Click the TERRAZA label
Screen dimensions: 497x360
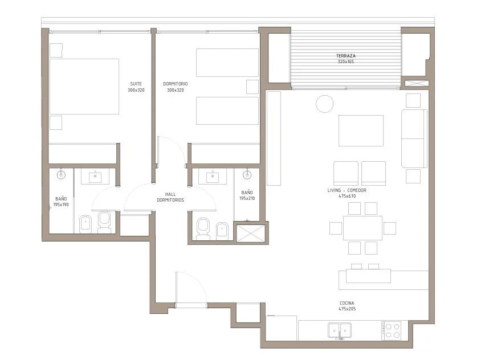345,56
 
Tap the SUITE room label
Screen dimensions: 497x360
136,84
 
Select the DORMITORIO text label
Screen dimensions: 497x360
176,84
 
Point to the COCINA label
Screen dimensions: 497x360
347,303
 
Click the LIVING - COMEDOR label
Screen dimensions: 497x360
347,190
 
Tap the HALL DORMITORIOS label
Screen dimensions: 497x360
170,197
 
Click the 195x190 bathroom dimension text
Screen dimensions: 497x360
61,204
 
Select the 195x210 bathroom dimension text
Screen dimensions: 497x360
247,198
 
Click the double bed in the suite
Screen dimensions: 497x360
84,86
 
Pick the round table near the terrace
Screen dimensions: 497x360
324,104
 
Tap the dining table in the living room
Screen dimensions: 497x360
362,228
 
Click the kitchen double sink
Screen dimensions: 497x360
340,330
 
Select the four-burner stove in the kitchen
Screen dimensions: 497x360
392,330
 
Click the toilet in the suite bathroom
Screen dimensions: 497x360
104,222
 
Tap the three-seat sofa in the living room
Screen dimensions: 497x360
414,138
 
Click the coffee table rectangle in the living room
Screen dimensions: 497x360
361,130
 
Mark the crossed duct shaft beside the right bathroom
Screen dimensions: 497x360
251,234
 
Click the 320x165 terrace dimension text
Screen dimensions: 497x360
345,62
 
